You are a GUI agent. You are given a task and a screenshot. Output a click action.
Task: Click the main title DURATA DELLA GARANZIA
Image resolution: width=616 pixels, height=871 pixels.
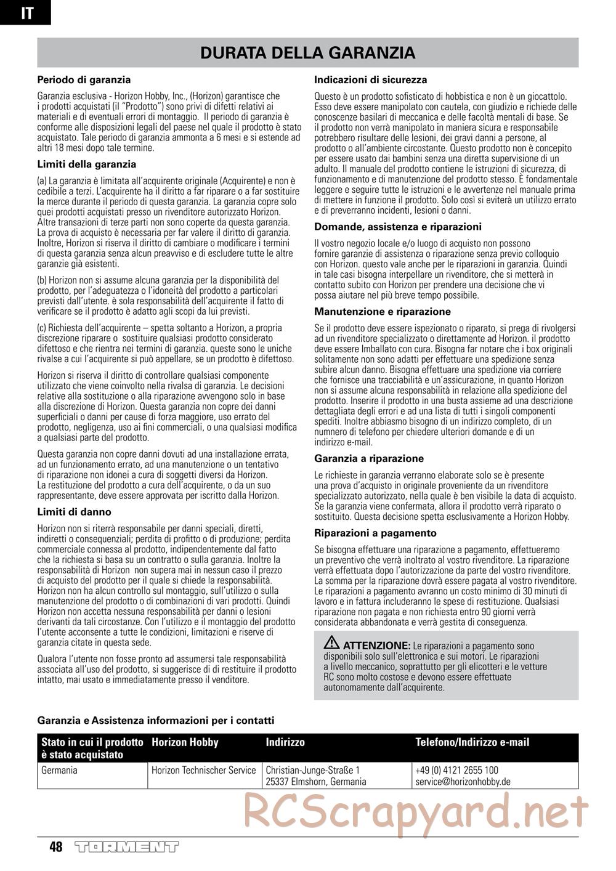coord(307,53)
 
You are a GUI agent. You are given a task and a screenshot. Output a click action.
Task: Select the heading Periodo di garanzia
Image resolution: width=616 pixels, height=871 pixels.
coord(84,79)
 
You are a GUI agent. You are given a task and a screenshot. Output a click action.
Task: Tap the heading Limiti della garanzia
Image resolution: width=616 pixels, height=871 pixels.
coord(87,164)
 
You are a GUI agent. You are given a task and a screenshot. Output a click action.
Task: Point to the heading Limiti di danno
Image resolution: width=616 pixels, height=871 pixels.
coord(75,512)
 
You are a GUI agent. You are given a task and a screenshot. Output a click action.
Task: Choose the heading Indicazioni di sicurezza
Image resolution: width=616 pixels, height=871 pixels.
coord(370,80)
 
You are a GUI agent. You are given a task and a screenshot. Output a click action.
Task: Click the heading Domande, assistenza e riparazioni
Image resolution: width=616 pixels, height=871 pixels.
coord(398,227)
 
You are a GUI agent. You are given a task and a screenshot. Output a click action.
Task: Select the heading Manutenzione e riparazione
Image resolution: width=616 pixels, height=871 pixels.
coord(383,312)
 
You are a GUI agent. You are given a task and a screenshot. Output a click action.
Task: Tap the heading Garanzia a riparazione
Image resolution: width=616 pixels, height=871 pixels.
coord(369,458)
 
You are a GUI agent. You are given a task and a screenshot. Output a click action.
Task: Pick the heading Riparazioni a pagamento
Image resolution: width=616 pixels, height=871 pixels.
coord(375,533)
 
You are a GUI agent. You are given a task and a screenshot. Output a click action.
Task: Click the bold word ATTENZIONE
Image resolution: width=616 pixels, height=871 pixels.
coord(376,646)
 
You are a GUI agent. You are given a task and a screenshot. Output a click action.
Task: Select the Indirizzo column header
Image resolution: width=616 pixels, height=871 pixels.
coord(285,743)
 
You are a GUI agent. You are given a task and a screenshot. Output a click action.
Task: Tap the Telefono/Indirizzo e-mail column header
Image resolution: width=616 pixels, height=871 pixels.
coord(472,743)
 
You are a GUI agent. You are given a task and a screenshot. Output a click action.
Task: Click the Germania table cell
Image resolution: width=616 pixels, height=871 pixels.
coord(59,770)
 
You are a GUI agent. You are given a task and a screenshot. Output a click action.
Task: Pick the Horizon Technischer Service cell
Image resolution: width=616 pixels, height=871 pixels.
coord(203,770)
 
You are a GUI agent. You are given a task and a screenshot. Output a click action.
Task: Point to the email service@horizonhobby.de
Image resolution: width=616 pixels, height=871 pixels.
coord(463,782)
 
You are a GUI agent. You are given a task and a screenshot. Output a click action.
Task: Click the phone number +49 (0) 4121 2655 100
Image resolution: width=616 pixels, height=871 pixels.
coord(456,770)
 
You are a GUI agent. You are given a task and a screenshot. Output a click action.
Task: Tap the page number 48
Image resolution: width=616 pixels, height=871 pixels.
coord(56,847)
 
